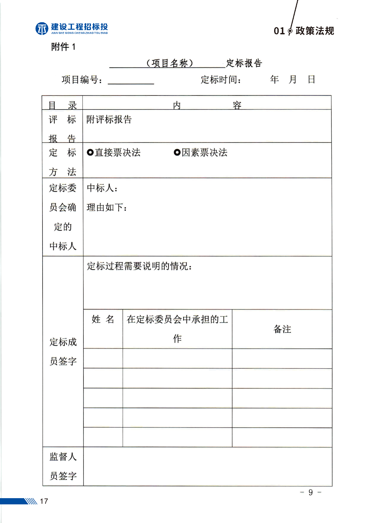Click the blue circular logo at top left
[x=42, y=29]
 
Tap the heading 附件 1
[x=63, y=47]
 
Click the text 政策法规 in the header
[x=314, y=31]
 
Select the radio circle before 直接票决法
[x=90, y=152]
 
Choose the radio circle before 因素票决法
[x=177, y=152]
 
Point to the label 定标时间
[x=220, y=80]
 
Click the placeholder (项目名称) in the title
[x=169, y=63]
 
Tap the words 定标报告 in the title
[x=244, y=63]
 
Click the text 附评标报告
[x=109, y=120]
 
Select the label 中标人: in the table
[x=102, y=188]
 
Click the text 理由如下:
[x=107, y=207]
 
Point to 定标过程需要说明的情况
[x=139, y=266]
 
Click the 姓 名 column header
[x=103, y=319]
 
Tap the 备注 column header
[x=282, y=329]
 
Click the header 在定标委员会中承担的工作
[x=177, y=329]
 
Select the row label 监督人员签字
[x=63, y=466]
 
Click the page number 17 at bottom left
[x=44, y=501]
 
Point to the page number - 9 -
[x=310, y=492]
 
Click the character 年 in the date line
[x=274, y=79]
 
